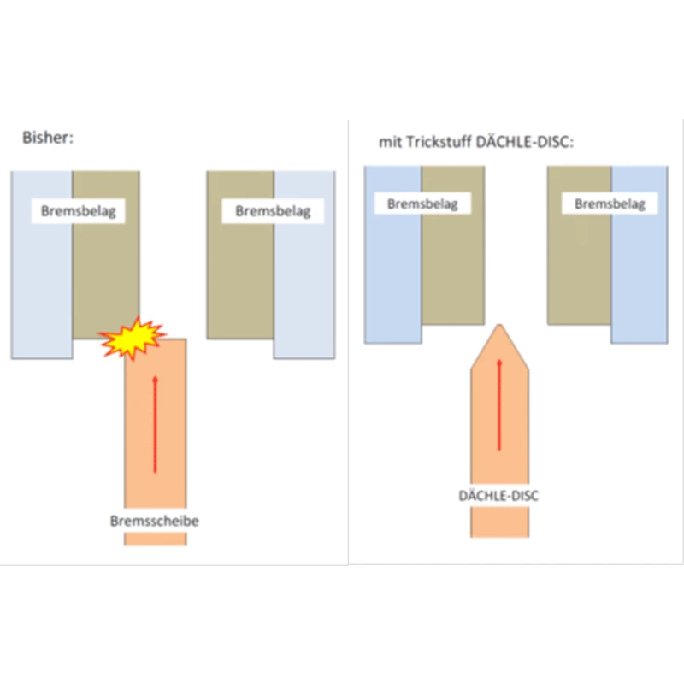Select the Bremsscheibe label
[x=154, y=521]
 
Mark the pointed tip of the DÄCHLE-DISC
[x=499, y=326]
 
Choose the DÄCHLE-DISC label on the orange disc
[x=499, y=495]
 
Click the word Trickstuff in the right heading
[x=434, y=142]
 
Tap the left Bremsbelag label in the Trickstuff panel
[x=422, y=204]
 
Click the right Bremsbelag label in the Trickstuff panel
[x=610, y=204]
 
